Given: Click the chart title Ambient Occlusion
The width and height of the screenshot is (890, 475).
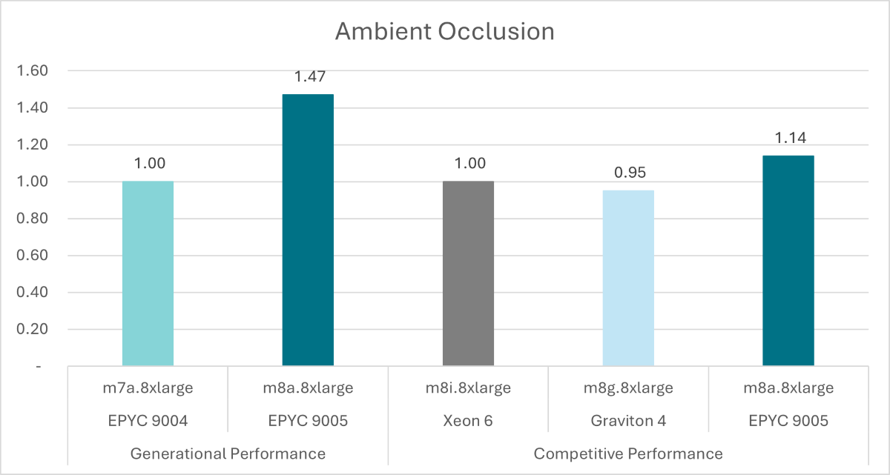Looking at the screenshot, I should pos(444,32).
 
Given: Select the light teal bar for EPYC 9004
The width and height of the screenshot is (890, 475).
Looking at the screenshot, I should pos(148,273).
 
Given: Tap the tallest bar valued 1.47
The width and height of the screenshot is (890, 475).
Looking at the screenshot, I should pos(308,230).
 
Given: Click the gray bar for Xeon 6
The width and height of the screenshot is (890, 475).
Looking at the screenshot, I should pos(468,273).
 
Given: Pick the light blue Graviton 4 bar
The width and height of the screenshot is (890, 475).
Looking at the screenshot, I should pos(628,278).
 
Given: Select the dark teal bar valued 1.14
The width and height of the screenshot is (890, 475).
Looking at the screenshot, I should pos(788,260).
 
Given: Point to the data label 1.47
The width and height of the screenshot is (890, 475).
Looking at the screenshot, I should pos(309,76).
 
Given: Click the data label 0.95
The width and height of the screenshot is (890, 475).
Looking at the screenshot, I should pos(629,173).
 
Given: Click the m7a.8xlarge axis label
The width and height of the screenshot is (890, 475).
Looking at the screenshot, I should pos(148,388).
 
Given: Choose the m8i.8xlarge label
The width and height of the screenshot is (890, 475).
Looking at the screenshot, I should pos(468,388).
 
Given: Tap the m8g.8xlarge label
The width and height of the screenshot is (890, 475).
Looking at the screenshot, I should pos(628,388).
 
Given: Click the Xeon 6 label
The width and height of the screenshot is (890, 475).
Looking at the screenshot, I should pos(468,420).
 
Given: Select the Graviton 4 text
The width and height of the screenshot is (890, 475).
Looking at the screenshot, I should pos(628,420).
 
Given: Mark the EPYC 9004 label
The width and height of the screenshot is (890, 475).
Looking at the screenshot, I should pos(148,420).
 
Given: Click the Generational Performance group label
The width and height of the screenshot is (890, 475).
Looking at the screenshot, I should pos(228,453).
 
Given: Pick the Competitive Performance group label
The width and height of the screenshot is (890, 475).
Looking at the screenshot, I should pos(628,453).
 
